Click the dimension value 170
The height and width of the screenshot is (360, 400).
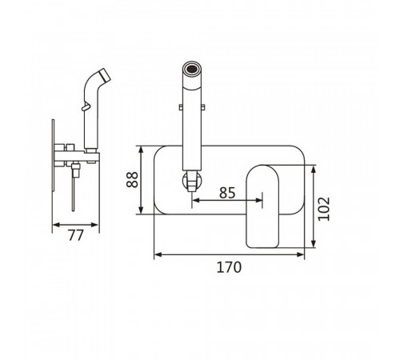tap(229, 267)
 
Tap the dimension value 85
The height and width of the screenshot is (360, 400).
tap(227, 193)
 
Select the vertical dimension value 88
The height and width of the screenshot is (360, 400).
tap(132, 180)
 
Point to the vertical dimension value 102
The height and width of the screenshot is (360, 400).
tap(324, 209)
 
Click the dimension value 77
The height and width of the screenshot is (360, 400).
tap(76, 235)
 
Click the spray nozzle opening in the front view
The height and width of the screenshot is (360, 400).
tap(192, 69)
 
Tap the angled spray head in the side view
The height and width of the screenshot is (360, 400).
tap(104, 75)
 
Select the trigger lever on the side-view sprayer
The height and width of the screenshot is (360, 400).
tap(86, 106)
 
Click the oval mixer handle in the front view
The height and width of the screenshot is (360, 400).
tap(262, 206)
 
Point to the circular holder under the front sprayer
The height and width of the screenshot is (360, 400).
tap(192, 181)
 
